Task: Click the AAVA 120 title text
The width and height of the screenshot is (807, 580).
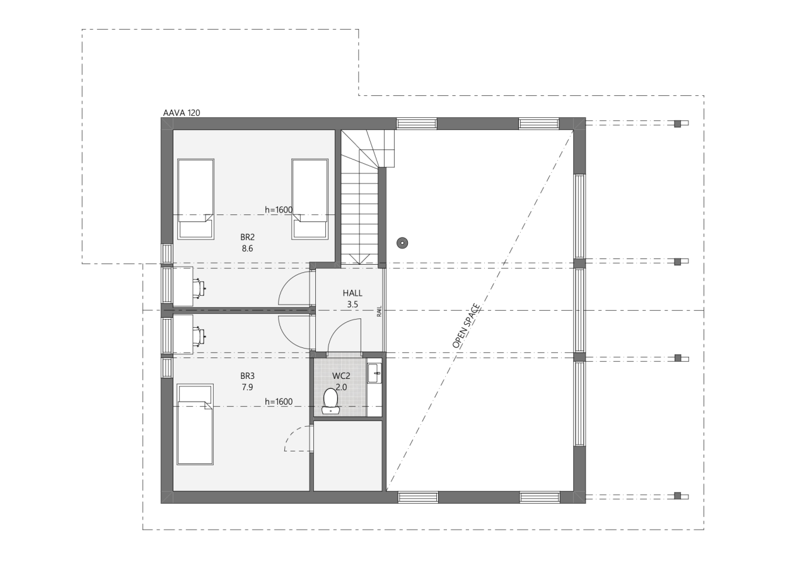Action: point(182,113)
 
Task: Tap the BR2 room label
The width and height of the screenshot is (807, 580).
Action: point(247,238)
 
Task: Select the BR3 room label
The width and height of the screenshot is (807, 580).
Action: point(247,376)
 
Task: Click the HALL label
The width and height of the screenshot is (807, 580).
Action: point(352,293)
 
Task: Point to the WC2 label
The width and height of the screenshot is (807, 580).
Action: point(340,376)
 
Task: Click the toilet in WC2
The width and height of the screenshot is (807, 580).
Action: point(330,401)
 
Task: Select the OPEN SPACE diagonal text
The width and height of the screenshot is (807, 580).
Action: point(467,326)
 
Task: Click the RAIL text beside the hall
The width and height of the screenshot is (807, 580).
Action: point(380,311)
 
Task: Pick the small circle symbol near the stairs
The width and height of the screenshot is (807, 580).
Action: point(402,242)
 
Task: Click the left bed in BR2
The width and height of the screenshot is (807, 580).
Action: point(195,199)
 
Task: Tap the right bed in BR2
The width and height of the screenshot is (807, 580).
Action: point(310,199)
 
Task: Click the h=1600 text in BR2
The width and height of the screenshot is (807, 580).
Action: point(279,210)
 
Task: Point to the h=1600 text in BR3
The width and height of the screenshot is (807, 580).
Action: point(279,402)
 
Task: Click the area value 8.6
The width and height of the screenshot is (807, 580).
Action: point(247,249)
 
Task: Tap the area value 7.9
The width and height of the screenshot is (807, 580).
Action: point(247,387)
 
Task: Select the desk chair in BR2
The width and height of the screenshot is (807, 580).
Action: point(200,287)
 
